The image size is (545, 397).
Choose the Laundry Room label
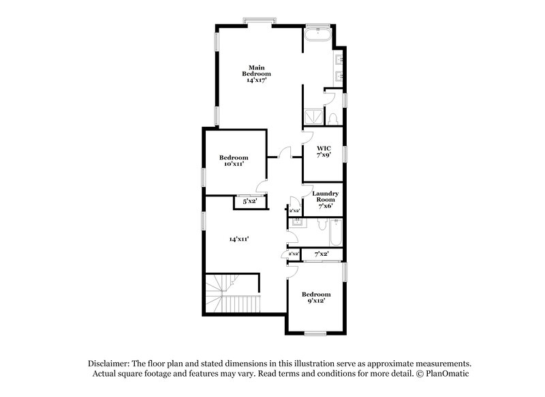tap(325, 198)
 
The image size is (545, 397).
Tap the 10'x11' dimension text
tap(233, 164)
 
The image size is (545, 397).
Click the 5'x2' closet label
tap(250, 201)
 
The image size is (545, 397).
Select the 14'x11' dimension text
tap(238, 239)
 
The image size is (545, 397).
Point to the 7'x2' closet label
tap(321, 254)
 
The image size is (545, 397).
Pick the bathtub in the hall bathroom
tap(333, 233)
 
